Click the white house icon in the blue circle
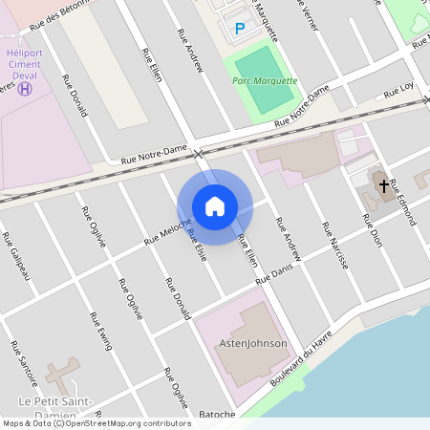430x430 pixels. (x=215, y=205)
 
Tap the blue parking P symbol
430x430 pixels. (x=240, y=30)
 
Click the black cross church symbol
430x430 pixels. (x=384, y=184)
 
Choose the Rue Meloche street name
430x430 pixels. (x=168, y=231)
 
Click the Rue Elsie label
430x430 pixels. (x=197, y=246)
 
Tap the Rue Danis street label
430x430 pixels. (x=273, y=272)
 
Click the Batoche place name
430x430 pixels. (x=217, y=415)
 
